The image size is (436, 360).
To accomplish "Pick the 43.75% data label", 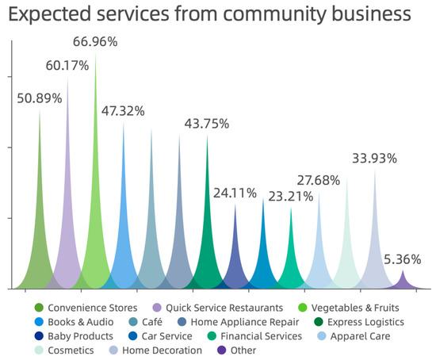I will [x=207, y=124].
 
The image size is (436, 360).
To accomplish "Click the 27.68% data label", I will [x=319, y=180].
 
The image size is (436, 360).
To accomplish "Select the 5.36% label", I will [x=403, y=259].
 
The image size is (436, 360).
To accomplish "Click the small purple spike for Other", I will [x=403, y=281].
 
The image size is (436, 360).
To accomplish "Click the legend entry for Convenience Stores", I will [x=86, y=307].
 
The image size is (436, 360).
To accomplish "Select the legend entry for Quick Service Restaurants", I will [x=222, y=307].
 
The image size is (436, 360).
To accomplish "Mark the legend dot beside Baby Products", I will [x=38, y=335].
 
